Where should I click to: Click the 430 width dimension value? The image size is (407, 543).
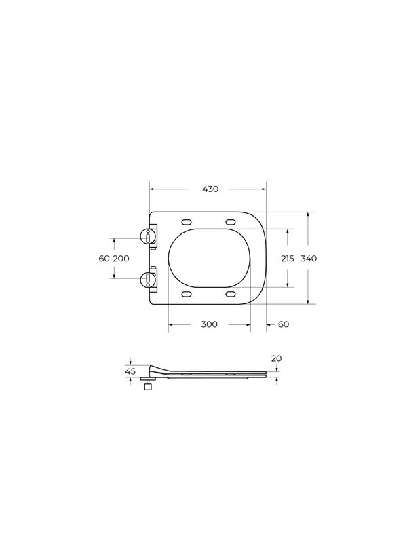pyautogui.click(x=210, y=189)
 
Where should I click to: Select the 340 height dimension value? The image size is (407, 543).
pyautogui.click(x=309, y=259)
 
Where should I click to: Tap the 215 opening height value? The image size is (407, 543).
pyautogui.click(x=288, y=259)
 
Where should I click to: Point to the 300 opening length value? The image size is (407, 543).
pyautogui.click(x=210, y=324)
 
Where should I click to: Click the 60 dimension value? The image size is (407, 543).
pyautogui.click(x=284, y=324)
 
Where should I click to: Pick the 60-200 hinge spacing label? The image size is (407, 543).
pyautogui.click(x=113, y=259)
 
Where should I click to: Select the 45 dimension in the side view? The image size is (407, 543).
pyautogui.click(x=131, y=371)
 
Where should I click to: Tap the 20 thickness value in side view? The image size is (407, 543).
pyautogui.click(x=276, y=358)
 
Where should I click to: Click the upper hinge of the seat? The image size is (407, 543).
pyautogui.click(x=149, y=236)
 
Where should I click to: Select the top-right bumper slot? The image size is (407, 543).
pyautogui.click(x=230, y=221)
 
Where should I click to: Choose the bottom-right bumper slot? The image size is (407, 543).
pyautogui.click(x=230, y=294)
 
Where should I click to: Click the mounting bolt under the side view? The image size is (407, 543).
pyautogui.click(x=148, y=386)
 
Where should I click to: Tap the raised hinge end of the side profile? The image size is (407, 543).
pyautogui.click(x=153, y=367)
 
